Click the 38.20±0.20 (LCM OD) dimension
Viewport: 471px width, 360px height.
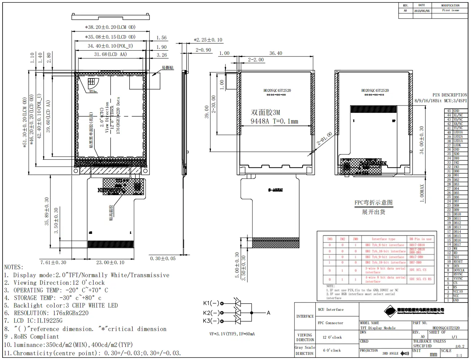click(110, 27)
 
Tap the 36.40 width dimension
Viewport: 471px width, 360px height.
click(276, 53)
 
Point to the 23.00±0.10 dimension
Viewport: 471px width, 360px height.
click(110, 262)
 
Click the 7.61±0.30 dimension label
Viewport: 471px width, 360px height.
click(53, 262)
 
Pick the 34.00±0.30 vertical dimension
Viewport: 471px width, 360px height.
click(422, 140)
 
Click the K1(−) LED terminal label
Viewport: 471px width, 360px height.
click(211, 303)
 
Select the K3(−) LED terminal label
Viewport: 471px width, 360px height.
click(211, 321)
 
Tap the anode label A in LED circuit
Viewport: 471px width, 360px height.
click(268, 313)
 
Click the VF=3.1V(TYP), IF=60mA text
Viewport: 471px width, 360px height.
click(232, 334)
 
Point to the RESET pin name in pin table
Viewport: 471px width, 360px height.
click(458, 262)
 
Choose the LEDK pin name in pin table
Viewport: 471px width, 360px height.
click(457, 145)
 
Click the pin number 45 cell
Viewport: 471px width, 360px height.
click(449, 111)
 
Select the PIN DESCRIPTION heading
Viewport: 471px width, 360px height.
click(450, 95)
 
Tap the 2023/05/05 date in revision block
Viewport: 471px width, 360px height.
click(422, 11)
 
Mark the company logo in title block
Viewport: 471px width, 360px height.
click(390, 310)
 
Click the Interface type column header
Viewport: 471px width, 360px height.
click(383, 239)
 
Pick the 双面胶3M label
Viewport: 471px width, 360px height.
click(265, 113)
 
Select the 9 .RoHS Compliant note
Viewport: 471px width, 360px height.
click(31, 337)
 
